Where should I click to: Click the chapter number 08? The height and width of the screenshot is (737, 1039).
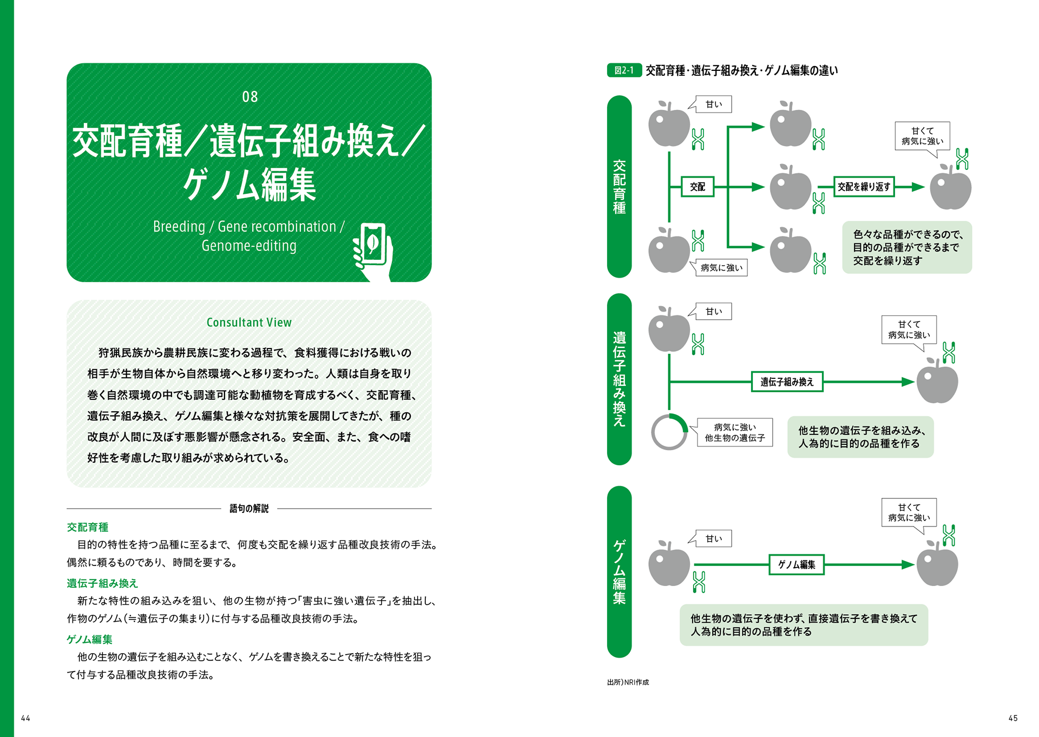click(x=249, y=97)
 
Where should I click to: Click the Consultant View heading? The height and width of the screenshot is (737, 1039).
click(x=249, y=323)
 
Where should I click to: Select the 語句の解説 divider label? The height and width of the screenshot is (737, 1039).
click(x=249, y=509)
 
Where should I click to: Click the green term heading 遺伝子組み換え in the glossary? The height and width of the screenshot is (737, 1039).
click(x=102, y=583)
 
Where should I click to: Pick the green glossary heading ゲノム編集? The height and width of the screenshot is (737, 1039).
click(x=89, y=640)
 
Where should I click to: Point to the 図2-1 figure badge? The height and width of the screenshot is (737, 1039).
click(x=624, y=70)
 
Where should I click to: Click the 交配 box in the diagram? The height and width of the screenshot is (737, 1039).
click(x=698, y=187)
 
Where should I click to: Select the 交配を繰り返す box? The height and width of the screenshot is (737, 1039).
click(x=864, y=187)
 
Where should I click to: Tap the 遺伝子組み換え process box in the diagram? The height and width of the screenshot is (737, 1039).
click(x=787, y=382)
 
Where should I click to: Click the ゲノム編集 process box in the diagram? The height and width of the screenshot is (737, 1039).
click(x=797, y=565)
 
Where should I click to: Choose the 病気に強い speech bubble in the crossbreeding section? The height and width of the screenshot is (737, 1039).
click(x=721, y=268)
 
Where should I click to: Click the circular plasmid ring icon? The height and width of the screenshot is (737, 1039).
click(x=669, y=432)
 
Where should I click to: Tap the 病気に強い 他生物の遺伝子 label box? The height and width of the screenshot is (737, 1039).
click(x=735, y=432)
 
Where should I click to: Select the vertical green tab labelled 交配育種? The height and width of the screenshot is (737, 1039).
click(x=620, y=187)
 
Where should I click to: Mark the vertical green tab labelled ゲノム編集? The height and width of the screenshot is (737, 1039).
click(x=620, y=571)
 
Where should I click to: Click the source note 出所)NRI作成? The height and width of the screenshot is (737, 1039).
click(x=628, y=682)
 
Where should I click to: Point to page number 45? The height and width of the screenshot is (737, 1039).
click(x=1013, y=718)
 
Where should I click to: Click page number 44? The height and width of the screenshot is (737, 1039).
click(x=25, y=718)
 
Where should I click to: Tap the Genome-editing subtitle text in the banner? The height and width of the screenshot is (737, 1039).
click(x=249, y=246)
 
